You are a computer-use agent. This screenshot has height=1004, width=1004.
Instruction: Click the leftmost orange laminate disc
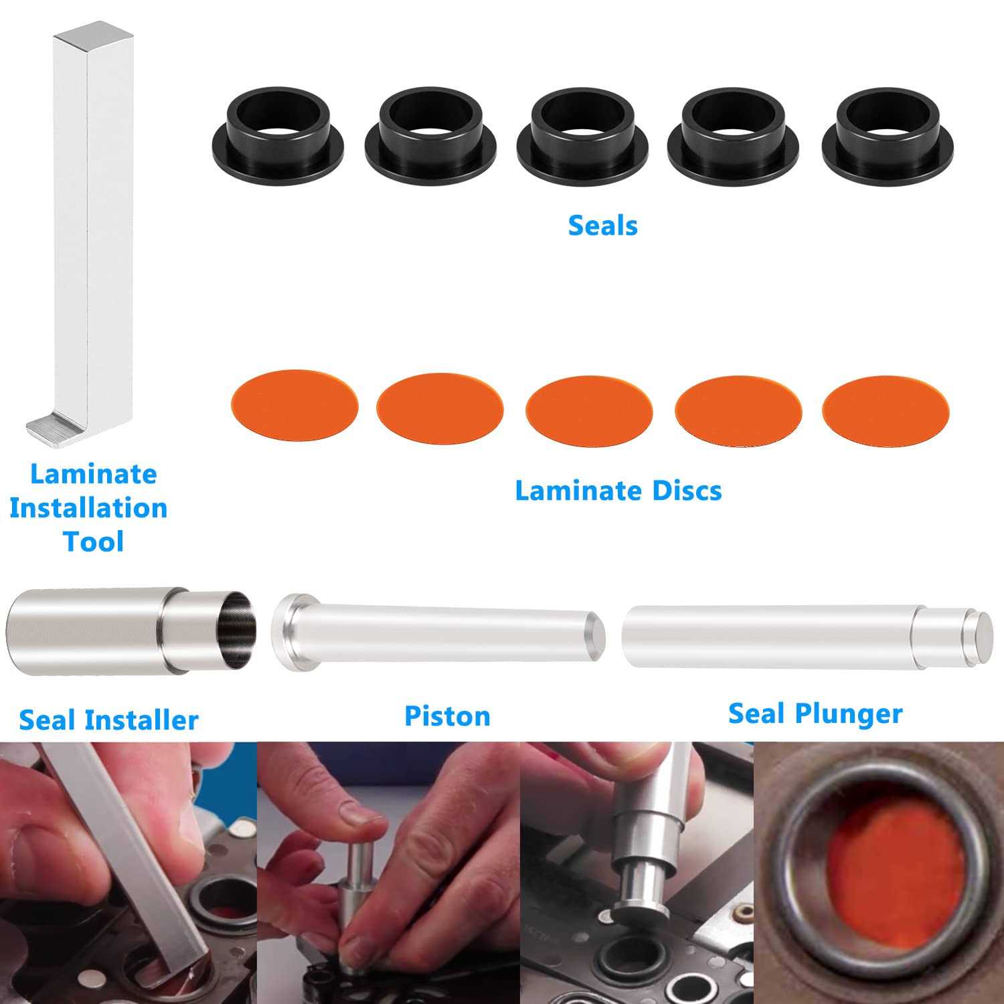click(x=294, y=404)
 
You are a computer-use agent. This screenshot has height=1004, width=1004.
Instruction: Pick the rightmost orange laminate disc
click(x=885, y=408)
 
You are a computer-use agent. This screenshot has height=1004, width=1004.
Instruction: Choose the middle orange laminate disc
click(x=588, y=408)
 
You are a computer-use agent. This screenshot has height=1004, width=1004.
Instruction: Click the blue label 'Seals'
click(x=602, y=226)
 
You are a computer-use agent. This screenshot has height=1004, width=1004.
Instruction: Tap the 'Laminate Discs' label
click(x=618, y=491)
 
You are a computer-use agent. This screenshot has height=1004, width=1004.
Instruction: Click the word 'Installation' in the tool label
click(x=88, y=508)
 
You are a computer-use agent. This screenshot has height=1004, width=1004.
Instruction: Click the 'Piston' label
click(x=447, y=716)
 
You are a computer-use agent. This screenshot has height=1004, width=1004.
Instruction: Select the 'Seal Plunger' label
click(x=815, y=714)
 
